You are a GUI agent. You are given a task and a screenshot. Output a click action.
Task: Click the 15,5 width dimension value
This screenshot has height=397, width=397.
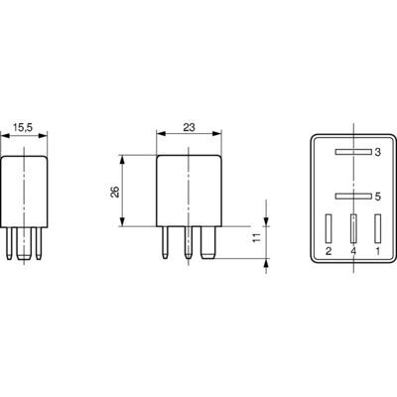click(23, 127)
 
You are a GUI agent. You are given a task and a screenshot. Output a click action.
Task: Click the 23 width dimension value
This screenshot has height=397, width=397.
click(189, 127)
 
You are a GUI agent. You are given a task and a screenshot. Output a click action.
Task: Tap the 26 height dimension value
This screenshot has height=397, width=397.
click(115, 192)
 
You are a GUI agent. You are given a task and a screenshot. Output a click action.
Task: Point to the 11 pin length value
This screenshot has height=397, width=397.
click(257, 237)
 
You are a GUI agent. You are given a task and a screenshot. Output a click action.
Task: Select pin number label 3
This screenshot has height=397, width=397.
click(377, 153)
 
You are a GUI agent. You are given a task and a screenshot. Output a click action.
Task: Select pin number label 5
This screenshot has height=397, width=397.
click(377, 197)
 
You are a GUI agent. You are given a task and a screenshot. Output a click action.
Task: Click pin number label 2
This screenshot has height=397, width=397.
click(329, 252)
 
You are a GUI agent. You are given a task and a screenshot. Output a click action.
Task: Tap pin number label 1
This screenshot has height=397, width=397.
click(377, 252)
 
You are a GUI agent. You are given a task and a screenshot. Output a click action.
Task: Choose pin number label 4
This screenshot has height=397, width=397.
click(353, 252)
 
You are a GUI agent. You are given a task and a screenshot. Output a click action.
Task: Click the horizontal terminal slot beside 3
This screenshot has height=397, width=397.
click(353, 152)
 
